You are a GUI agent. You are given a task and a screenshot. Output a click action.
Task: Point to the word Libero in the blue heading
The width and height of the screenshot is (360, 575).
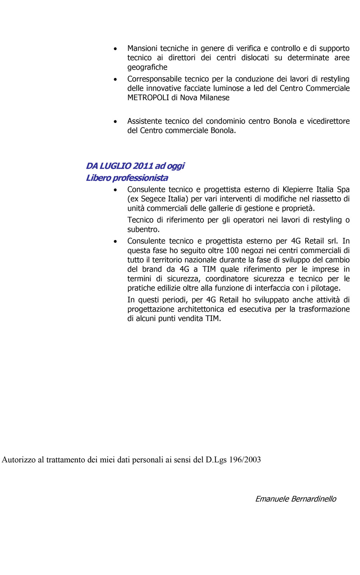point(98,178)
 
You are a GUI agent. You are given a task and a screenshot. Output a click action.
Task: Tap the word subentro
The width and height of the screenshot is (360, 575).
point(143,229)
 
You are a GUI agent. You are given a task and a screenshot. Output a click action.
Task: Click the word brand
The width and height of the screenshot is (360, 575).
point(152,269)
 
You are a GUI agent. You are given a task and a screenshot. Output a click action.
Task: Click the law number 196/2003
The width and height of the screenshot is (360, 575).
point(245,460)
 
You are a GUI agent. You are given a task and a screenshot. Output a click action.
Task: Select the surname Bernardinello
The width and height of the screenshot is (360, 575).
point(314,499)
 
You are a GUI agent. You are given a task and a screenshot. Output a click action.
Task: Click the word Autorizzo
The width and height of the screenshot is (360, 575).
point(18,460)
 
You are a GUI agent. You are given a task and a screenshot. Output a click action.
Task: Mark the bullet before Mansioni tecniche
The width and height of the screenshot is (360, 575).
point(115,49)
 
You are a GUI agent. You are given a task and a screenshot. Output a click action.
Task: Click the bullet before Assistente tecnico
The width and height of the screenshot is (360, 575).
point(115,121)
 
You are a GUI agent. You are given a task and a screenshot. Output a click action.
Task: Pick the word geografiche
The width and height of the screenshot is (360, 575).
point(147,67)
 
